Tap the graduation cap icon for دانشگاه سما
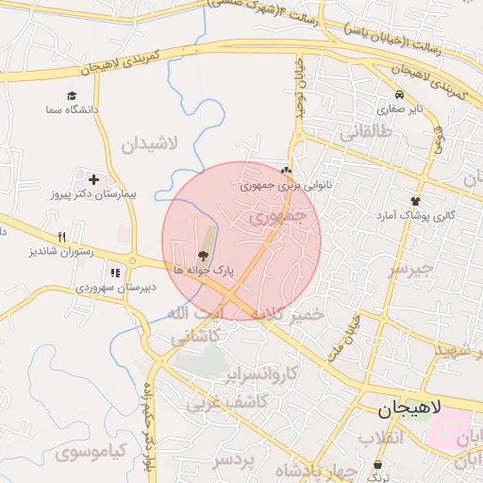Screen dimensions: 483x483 [73, 96]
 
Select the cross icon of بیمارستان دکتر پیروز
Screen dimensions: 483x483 [93, 178]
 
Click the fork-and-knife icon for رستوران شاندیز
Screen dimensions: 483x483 [62, 238]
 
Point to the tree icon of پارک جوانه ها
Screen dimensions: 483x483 [201, 256]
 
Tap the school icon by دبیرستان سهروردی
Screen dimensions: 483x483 [115, 273]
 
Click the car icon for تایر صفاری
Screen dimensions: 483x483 [401, 95]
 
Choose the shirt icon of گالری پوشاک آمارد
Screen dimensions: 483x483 [415, 201]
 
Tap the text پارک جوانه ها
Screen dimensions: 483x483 [202, 271]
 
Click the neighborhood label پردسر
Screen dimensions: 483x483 [235, 460]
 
